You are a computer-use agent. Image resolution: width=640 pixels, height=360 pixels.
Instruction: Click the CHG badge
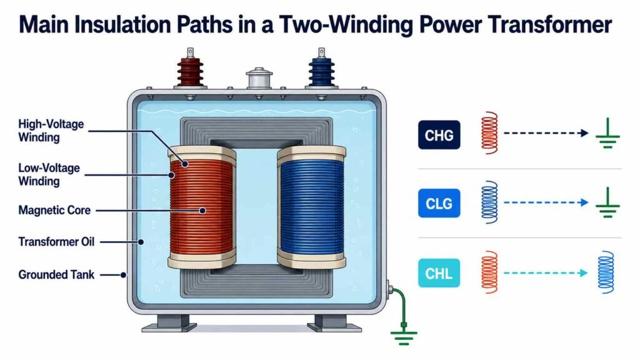439,135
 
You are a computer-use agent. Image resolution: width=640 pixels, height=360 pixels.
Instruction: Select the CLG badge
439,203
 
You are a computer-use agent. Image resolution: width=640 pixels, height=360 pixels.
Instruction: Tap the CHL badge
439,273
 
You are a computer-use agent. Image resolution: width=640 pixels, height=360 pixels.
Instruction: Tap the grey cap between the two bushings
259,77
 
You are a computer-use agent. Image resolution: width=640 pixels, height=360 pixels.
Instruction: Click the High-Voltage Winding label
51,131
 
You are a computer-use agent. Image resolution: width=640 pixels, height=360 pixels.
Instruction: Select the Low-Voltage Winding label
49,174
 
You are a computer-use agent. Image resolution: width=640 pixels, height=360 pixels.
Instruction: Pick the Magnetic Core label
54,210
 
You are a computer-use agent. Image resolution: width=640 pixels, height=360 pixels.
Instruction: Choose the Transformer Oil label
56,242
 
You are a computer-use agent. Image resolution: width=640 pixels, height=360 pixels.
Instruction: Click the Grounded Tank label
56,275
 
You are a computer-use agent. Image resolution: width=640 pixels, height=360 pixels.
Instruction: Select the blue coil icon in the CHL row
606,272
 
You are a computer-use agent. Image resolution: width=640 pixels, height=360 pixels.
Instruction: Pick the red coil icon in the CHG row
489,132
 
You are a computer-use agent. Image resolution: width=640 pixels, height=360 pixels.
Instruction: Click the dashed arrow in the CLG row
546,202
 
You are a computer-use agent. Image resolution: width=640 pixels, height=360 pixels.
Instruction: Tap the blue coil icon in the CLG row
489,202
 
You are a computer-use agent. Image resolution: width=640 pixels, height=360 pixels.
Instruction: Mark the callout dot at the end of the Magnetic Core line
202,211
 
